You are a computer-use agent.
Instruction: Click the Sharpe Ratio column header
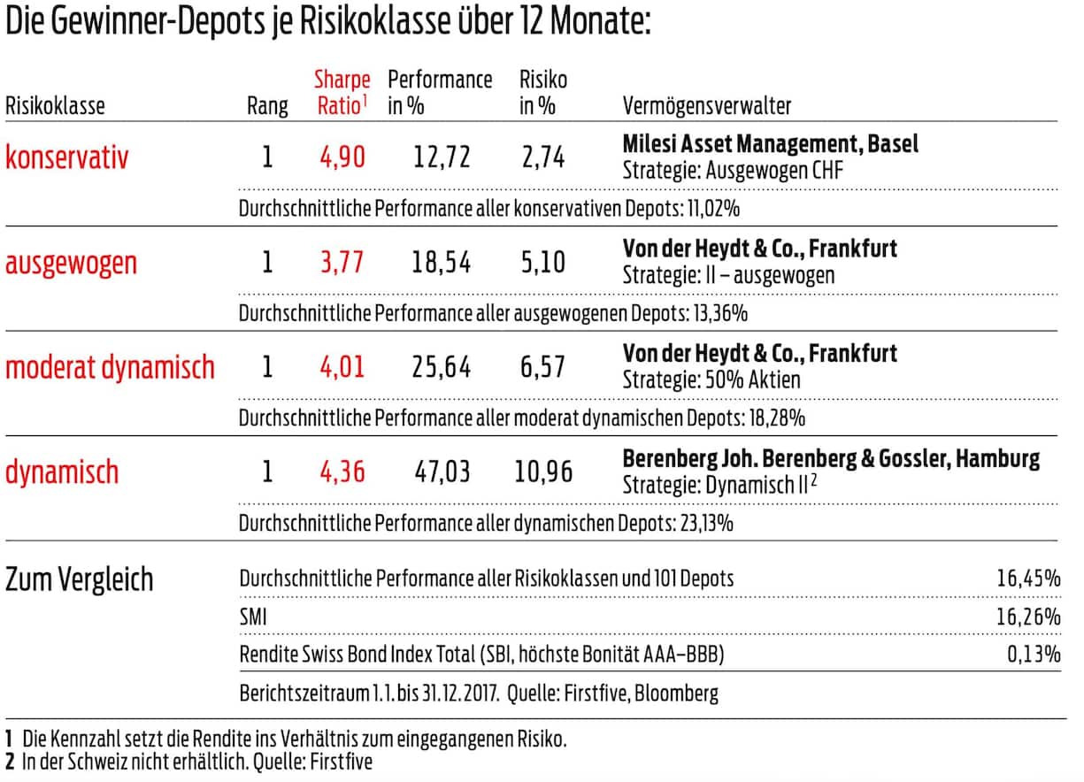342,92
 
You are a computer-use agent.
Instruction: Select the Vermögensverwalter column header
707,107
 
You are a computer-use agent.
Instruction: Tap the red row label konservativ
67,158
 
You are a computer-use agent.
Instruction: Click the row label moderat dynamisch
110,367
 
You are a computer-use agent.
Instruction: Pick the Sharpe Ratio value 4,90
342,158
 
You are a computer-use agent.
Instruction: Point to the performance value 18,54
442,263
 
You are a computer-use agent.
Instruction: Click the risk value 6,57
542,367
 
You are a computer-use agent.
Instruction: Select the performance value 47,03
442,471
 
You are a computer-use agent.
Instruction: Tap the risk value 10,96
543,471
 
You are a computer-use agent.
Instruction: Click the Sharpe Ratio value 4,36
342,471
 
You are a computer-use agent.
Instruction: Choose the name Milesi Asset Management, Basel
770,144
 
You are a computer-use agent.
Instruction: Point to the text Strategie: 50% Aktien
711,380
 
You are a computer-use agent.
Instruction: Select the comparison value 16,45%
1028,579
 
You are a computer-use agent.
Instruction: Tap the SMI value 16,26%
1028,617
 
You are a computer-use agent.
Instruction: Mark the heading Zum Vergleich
80,579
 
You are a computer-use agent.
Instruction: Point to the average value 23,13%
705,524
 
